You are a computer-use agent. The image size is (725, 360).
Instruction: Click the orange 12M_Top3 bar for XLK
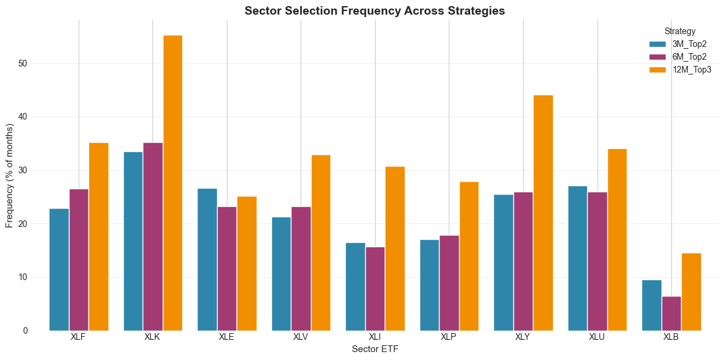point(173,183)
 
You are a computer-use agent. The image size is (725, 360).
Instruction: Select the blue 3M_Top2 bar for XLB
point(652,305)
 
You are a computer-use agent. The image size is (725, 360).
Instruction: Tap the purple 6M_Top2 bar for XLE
point(227,268)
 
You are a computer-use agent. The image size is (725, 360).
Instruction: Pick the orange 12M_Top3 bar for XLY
point(543,213)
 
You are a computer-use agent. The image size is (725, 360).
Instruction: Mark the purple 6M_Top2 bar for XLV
point(301,268)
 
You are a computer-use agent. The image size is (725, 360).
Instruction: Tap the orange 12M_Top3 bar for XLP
point(469,256)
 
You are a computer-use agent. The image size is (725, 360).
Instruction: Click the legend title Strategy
point(680,31)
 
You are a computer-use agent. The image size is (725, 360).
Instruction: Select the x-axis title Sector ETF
point(375,350)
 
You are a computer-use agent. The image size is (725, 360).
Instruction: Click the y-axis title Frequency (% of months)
point(10,176)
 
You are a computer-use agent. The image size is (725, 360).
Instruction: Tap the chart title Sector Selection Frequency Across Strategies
point(375,10)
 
